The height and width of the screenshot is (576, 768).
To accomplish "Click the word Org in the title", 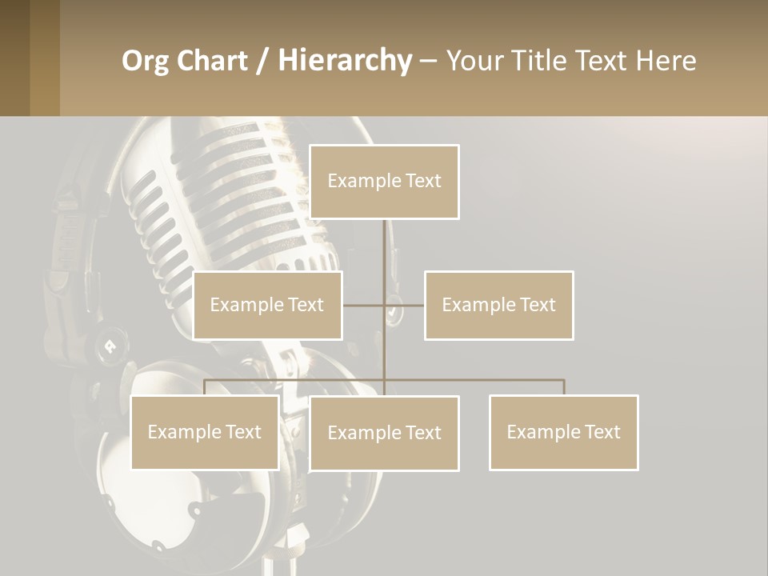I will (x=145, y=61).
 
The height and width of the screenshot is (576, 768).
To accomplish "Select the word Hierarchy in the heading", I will (x=345, y=61).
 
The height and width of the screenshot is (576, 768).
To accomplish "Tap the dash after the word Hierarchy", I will (x=428, y=62).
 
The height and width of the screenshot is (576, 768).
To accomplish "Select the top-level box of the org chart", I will (x=384, y=182).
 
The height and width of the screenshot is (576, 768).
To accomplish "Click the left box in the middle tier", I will (x=267, y=306).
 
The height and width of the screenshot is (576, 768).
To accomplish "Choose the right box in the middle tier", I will (x=498, y=306).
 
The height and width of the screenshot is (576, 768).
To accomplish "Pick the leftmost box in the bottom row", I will (x=205, y=433).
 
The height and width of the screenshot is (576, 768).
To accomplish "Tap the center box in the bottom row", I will (x=384, y=434).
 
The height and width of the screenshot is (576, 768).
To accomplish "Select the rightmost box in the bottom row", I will (x=563, y=433).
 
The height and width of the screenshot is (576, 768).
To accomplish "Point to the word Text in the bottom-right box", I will (x=602, y=433).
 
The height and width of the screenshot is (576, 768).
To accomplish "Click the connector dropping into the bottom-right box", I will (x=564, y=387).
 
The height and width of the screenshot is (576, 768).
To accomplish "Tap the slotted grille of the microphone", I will (x=240, y=192).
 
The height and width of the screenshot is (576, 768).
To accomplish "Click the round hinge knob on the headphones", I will (x=108, y=346).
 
